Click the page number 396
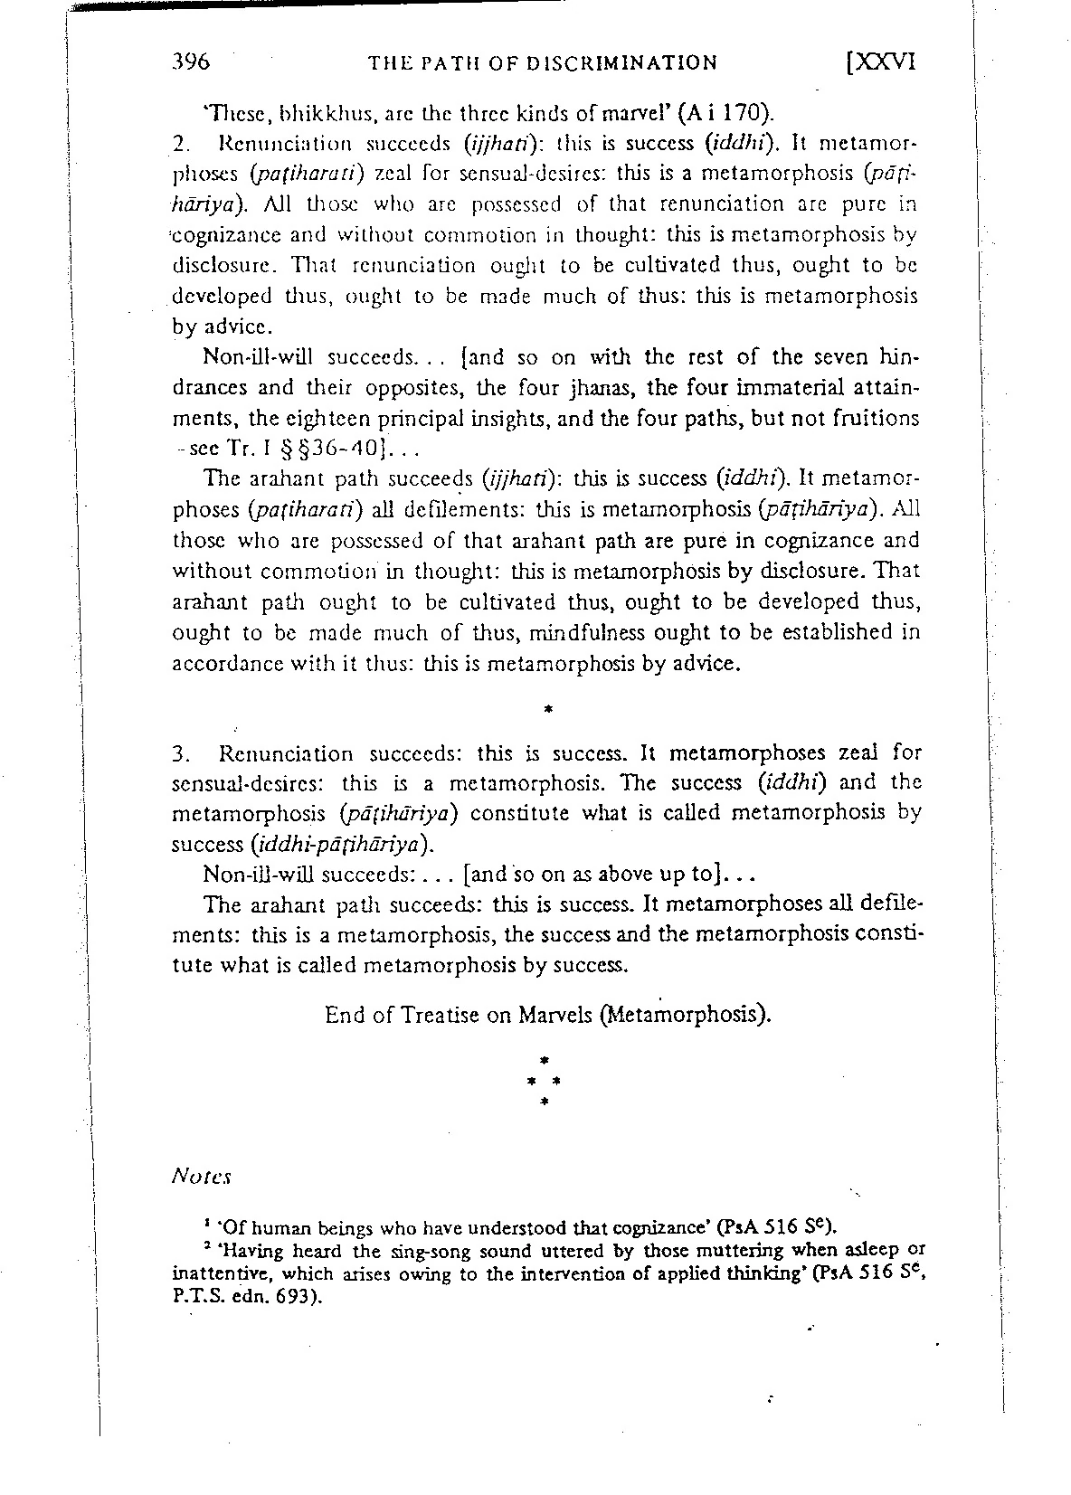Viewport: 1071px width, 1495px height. [191, 62]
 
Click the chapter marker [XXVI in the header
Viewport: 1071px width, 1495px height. [878, 62]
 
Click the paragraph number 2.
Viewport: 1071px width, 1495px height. [179, 144]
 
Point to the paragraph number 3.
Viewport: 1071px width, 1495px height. [179, 753]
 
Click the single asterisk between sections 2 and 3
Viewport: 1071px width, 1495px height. [548, 710]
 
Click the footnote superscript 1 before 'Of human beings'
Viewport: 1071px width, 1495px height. [207, 1223]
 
